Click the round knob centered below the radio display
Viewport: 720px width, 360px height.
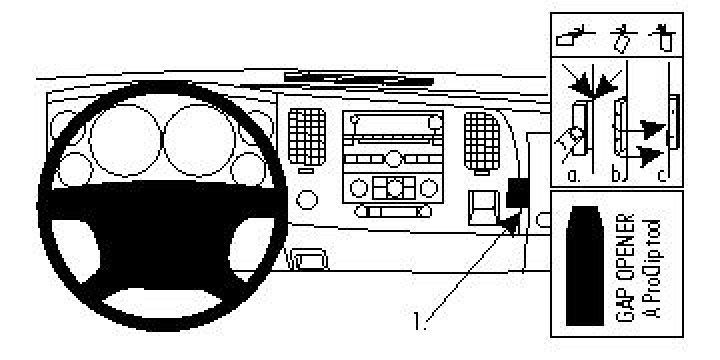point(392,156)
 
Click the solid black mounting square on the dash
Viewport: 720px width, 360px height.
point(518,191)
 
